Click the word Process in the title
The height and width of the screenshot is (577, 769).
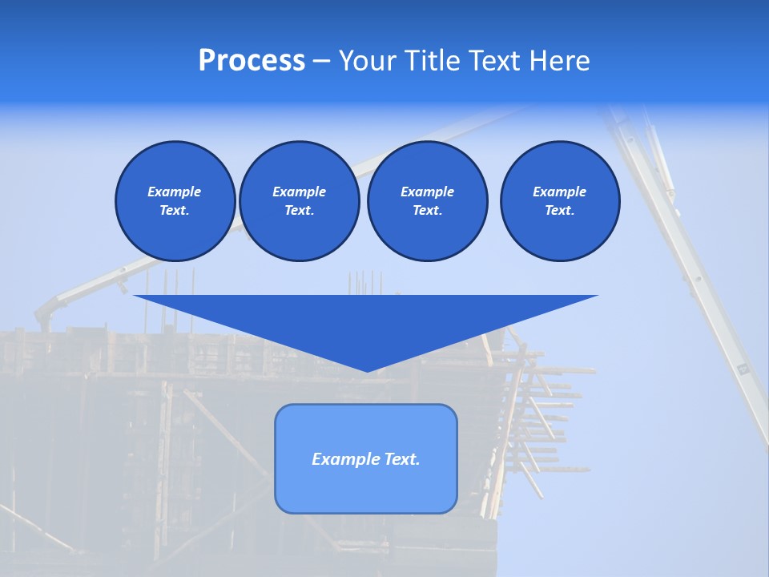coord(252,61)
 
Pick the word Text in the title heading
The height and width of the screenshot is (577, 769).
coord(493,61)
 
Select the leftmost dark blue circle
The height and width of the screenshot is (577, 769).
coord(175,200)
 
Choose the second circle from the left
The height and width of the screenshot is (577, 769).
coord(299,200)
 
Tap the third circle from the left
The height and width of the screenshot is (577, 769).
coord(427,200)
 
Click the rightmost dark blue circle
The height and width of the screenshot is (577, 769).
coord(559,200)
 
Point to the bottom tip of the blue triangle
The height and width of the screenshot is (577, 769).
coord(366,370)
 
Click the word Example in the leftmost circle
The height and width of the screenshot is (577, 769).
coord(175,192)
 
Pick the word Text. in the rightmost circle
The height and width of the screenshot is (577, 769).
coord(559,211)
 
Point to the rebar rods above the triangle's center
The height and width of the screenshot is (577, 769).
coord(365,282)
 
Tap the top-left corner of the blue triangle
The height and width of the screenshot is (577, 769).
coord(135,297)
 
